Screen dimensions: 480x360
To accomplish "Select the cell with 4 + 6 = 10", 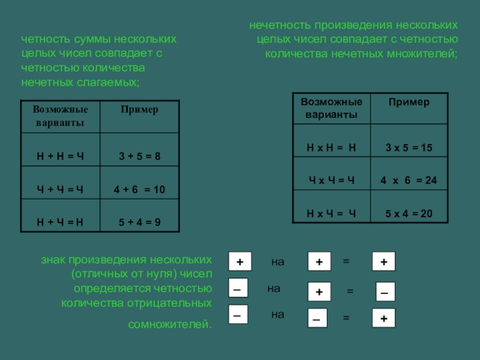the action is (139, 190).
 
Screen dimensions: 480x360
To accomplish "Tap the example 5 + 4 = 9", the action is (139, 222).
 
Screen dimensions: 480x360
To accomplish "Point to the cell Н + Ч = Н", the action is (60, 222).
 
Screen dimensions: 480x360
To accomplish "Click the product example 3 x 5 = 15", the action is (409, 148).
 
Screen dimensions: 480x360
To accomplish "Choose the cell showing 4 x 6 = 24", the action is (409, 180).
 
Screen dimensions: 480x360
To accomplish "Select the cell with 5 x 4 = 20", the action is (409, 213).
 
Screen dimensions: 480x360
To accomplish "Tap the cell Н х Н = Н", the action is (332, 148).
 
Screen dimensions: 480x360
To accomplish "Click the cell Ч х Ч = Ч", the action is (332, 180).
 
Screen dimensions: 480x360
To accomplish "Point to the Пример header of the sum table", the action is (139, 110).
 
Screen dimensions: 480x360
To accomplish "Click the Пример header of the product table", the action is (409, 102).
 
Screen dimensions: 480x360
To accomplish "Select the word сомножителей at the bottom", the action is (170, 325).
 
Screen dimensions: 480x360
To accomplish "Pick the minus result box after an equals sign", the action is (385, 292).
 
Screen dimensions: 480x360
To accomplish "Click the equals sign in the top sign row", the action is (346, 262).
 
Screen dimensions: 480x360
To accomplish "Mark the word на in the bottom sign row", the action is (277, 314).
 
